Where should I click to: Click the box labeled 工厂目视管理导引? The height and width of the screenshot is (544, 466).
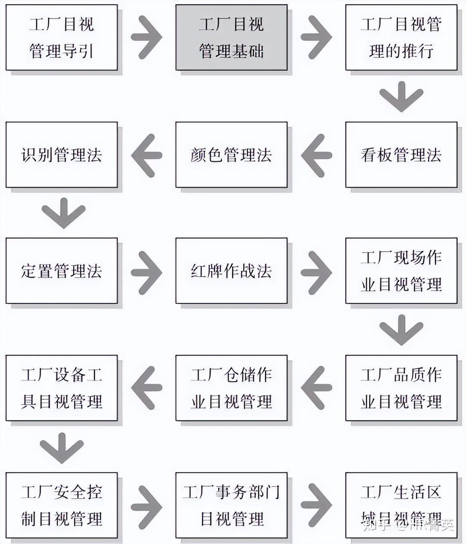coord(61,38)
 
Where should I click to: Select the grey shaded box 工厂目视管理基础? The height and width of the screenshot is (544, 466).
coord(231,38)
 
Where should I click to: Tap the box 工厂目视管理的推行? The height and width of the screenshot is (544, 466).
coord(401,38)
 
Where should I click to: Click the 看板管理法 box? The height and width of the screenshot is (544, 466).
coord(401,155)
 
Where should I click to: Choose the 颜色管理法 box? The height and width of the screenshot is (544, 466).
coord(231,155)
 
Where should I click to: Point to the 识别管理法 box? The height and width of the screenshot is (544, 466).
coord(61,155)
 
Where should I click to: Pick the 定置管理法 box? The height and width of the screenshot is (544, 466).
coord(61,271)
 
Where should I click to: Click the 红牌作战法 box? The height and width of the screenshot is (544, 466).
coord(231,271)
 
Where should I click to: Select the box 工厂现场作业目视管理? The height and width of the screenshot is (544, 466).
coord(401,271)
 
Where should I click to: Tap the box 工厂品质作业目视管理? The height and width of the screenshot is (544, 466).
coord(401,388)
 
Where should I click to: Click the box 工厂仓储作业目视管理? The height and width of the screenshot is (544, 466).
coord(231,388)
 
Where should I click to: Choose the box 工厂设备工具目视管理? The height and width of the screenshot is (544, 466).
coord(61,388)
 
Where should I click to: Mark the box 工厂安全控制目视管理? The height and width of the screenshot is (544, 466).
coord(61,505)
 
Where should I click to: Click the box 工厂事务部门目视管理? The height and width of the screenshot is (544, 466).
coord(231,505)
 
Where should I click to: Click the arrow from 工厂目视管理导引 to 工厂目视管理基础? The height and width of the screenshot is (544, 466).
coord(147,37)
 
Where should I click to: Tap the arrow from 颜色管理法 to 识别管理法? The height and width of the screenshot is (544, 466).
coord(147,155)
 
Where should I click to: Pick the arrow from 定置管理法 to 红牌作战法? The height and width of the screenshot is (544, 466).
coord(147,271)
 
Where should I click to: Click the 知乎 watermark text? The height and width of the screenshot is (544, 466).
coord(374,525)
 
